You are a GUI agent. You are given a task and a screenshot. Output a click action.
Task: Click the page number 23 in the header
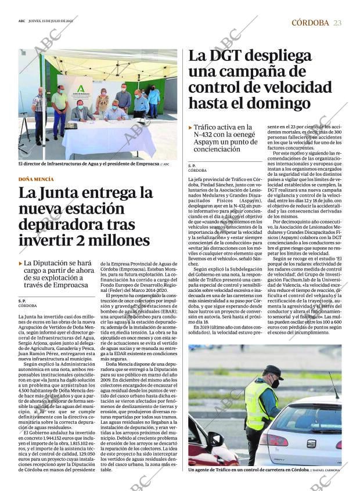337,23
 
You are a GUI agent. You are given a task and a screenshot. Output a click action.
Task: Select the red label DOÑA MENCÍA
36,179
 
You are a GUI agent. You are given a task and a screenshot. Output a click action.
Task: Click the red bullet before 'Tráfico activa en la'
190,127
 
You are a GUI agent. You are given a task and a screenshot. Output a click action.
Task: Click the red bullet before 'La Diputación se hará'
21,263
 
